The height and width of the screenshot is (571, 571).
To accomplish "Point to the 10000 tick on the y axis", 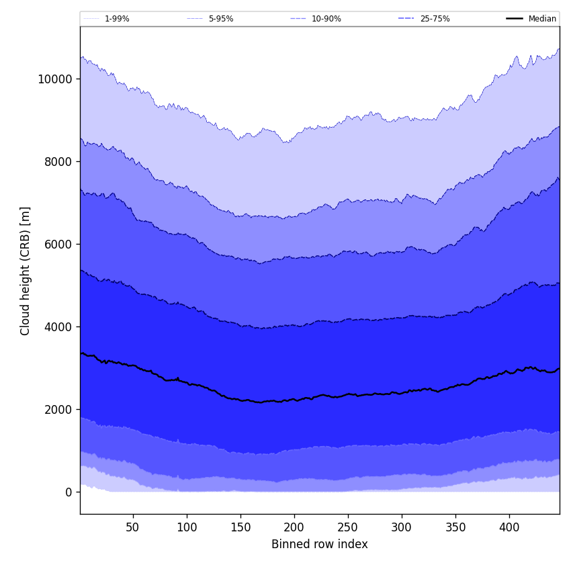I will point(54,79).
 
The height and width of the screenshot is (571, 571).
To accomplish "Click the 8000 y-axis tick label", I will point(57,161).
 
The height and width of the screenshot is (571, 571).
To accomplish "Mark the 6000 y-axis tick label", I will point(57,244).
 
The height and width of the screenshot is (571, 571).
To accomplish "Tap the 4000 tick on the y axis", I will point(57,326).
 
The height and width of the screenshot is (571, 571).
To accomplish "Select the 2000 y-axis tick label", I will point(57,409).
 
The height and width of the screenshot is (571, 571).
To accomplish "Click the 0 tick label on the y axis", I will point(69,492).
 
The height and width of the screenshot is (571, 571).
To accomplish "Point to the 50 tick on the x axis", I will point(133,528).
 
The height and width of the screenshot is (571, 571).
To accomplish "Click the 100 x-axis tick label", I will point(187,528).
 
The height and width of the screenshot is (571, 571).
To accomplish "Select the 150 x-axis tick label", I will point(240,528).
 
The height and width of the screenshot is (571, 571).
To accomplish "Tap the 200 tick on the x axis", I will point(294,528).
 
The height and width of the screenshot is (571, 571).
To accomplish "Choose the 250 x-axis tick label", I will point(348,528).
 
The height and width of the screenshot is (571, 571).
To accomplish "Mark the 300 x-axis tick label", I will point(402,528).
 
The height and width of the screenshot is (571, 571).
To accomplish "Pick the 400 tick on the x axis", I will point(509,528).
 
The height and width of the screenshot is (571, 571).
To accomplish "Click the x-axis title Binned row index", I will point(320,544).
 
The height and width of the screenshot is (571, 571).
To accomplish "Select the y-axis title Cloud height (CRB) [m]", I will point(26,271).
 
